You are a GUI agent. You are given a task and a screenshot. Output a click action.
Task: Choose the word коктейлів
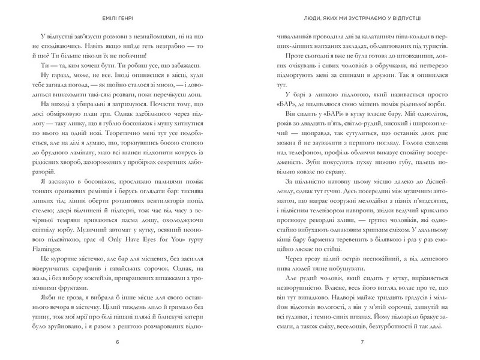(x=105, y=268)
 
